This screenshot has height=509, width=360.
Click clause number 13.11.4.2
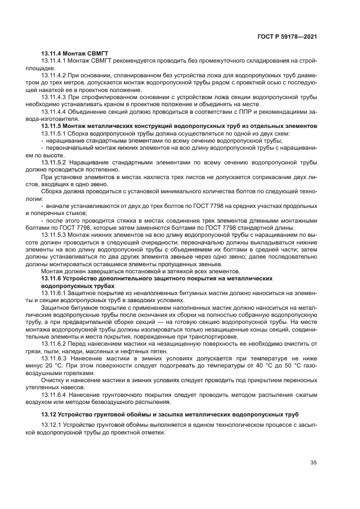tap(53, 74)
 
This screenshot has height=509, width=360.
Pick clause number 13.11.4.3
tap(53, 95)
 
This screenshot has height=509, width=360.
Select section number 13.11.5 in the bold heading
tap(52, 124)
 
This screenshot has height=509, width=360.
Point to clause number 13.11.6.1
tap(53, 293)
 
